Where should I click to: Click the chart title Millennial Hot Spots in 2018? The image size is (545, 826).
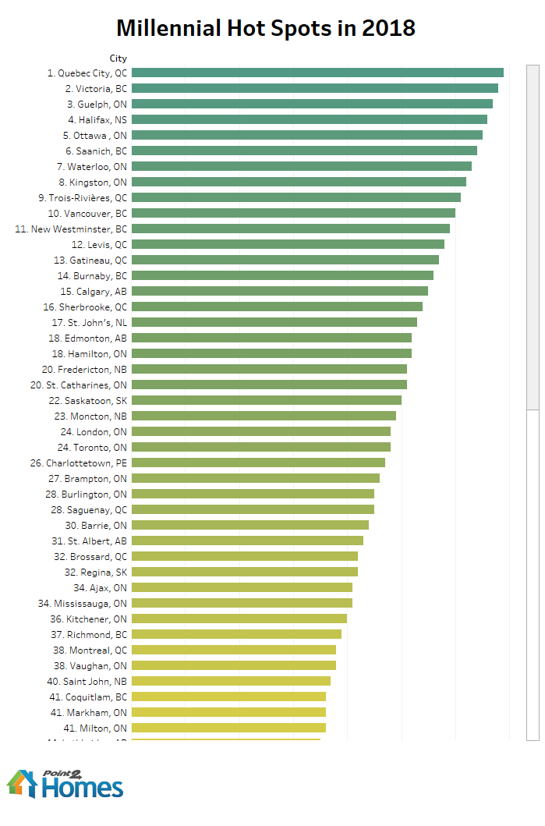click(266, 29)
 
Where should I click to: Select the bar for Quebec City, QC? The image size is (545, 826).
click(317, 73)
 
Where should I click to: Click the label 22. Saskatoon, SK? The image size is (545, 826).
click(87, 400)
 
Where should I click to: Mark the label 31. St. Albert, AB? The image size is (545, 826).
click(89, 541)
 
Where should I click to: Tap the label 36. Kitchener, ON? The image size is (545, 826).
click(88, 619)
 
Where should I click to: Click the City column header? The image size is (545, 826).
click(118, 58)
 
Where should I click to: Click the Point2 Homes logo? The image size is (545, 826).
click(65, 783)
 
